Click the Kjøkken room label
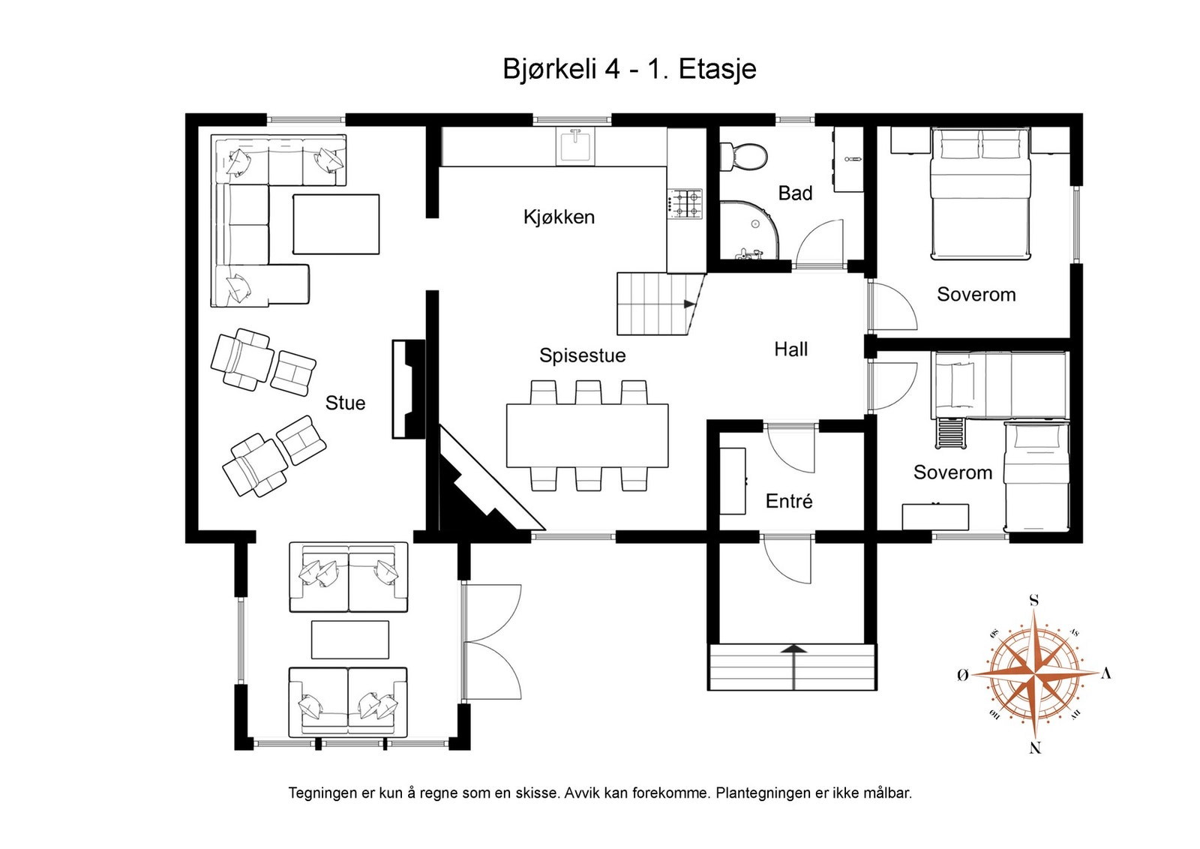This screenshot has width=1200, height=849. point(559,217)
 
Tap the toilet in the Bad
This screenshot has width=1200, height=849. point(743,157)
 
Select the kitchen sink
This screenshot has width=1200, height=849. point(575,146)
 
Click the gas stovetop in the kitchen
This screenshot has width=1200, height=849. point(685,203)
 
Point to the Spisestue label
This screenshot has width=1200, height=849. point(582,355)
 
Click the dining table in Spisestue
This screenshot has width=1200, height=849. point(587,436)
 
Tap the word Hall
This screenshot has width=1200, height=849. point(790,349)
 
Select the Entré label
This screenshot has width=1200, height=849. point(789,501)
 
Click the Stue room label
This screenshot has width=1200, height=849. point(345,403)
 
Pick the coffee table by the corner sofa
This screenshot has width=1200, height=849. point(336,224)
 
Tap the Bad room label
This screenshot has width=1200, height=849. point(795,193)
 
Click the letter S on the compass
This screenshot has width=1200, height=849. point(1034,601)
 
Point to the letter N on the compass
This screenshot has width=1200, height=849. point(1035,748)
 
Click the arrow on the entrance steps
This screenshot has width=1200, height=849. point(793,667)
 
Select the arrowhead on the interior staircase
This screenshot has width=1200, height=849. point(690,304)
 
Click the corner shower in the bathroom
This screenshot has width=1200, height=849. point(749,230)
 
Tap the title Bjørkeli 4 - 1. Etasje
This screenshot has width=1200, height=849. point(629,69)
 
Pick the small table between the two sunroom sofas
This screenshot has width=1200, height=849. point(350,640)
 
